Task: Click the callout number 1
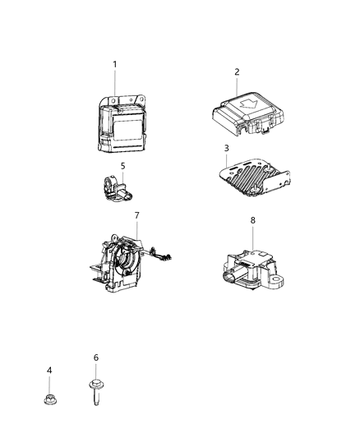pyautogui.click(x=115, y=64)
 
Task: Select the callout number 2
pyautogui.click(x=237, y=71)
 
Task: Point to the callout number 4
pyautogui.click(x=49, y=371)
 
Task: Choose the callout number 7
pyautogui.click(x=137, y=215)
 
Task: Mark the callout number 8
pyautogui.click(x=253, y=220)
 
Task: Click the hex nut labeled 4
pyautogui.click(x=49, y=400)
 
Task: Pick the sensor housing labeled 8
pyautogui.click(x=247, y=267)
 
